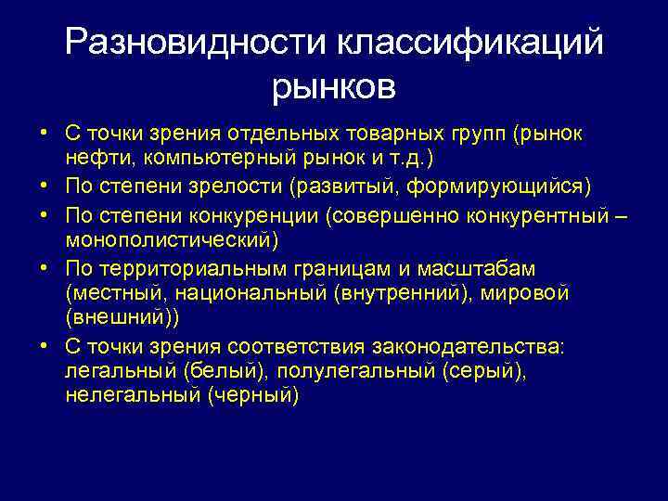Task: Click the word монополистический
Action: coord(171,240)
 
